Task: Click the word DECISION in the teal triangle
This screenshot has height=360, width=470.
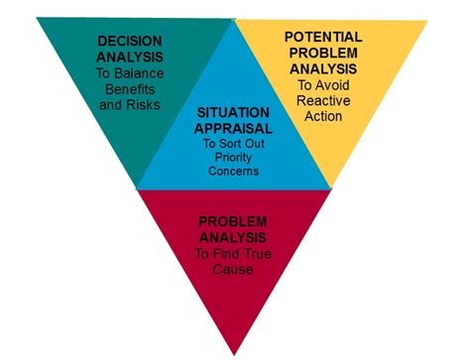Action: coord(130,42)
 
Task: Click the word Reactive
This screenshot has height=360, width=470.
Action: coord(324,101)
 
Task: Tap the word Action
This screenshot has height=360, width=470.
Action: coord(323,116)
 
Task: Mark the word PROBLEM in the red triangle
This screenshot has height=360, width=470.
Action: coord(234,220)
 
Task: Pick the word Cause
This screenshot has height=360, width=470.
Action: coord(234,270)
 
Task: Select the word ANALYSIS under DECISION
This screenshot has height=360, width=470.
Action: coord(130,57)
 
